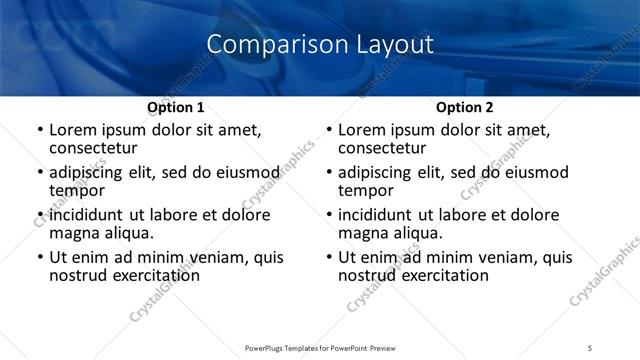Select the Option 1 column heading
(x=176, y=107)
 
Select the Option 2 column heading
(x=464, y=107)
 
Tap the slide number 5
(x=590, y=346)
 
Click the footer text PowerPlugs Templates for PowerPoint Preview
(x=320, y=346)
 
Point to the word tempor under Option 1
(x=77, y=190)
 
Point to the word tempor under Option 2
(x=366, y=190)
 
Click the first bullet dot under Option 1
(x=39, y=131)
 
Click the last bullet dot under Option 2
(x=328, y=257)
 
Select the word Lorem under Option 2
(x=362, y=130)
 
